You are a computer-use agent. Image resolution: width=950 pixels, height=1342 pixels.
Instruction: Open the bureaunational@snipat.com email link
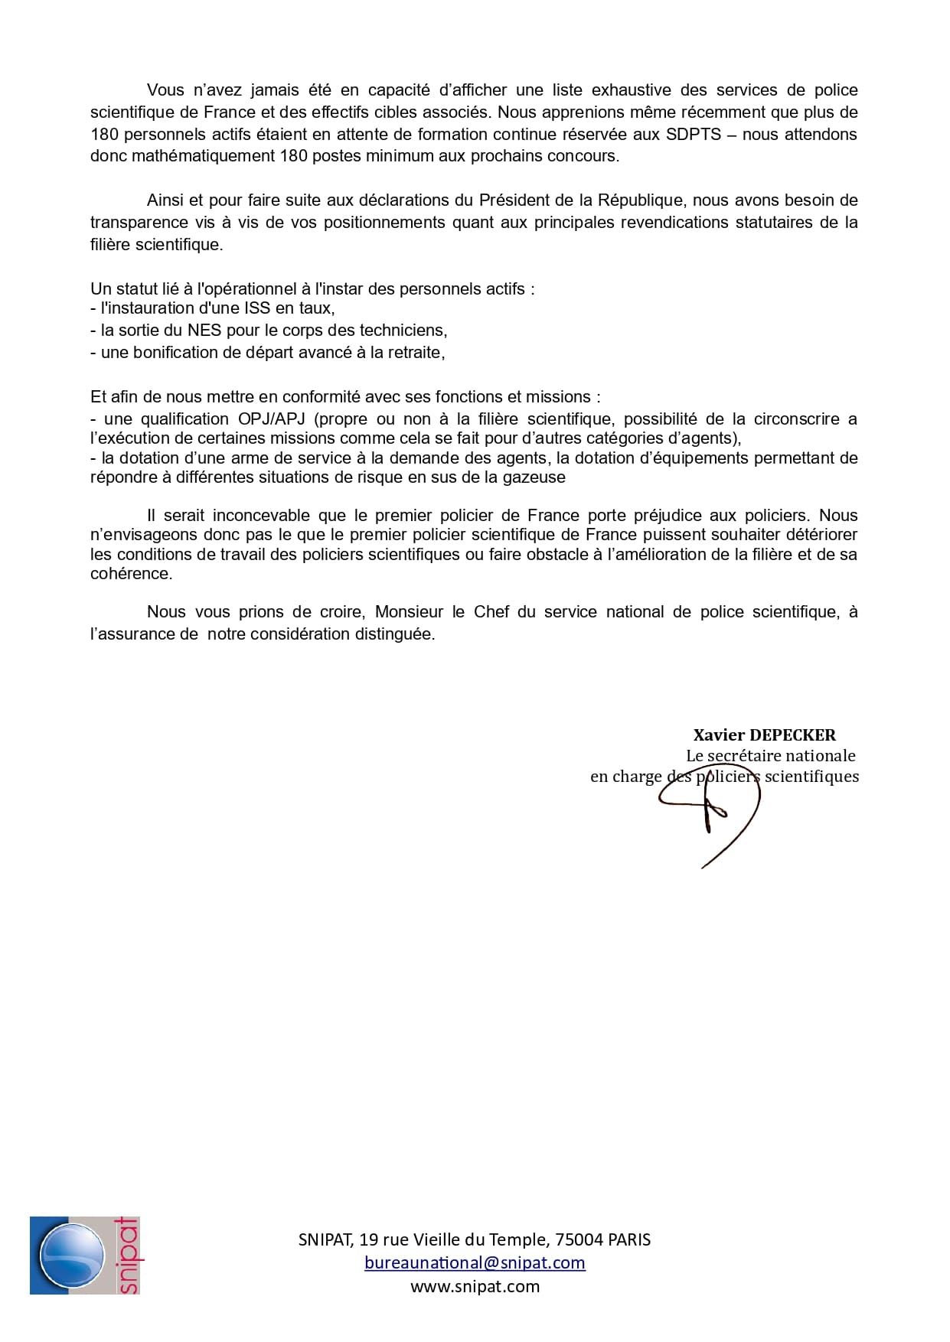475,1263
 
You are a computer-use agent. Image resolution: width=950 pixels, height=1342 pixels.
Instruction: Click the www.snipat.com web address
475,1287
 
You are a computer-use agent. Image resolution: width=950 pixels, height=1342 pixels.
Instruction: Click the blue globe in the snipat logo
73,1256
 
